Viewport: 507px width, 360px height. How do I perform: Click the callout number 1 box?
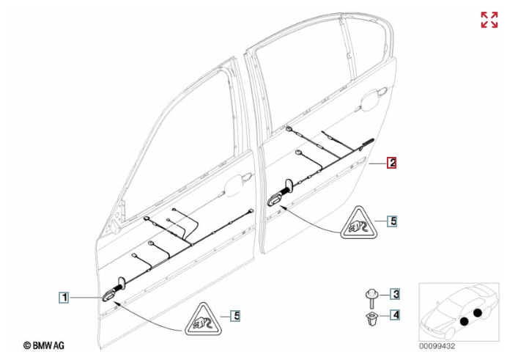coord(64,297)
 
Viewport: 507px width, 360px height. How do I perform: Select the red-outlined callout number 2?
coord(392,162)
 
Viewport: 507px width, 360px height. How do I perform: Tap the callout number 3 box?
coord(395,294)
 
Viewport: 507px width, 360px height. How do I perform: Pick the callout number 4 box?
coord(395,315)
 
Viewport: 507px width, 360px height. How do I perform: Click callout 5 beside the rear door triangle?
coord(393,221)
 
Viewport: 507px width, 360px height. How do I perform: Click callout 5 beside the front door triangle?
coord(236,316)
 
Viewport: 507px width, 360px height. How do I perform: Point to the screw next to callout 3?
coord(371,299)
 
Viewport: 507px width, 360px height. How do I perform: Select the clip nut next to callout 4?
coord(371,318)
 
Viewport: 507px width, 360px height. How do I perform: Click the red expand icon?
coord(489,20)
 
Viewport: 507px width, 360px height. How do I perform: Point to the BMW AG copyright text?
coord(44,345)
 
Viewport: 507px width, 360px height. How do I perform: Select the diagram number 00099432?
coord(437,346)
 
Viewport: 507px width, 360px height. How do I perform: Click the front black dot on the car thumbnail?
coord(465,321)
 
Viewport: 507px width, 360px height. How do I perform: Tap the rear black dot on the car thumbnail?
coord(478,313)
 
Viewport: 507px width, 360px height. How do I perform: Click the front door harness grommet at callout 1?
coord(109,295)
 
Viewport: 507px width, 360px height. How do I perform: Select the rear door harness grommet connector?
coord(275,200)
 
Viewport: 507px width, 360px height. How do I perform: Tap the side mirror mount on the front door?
coord(114,227)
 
